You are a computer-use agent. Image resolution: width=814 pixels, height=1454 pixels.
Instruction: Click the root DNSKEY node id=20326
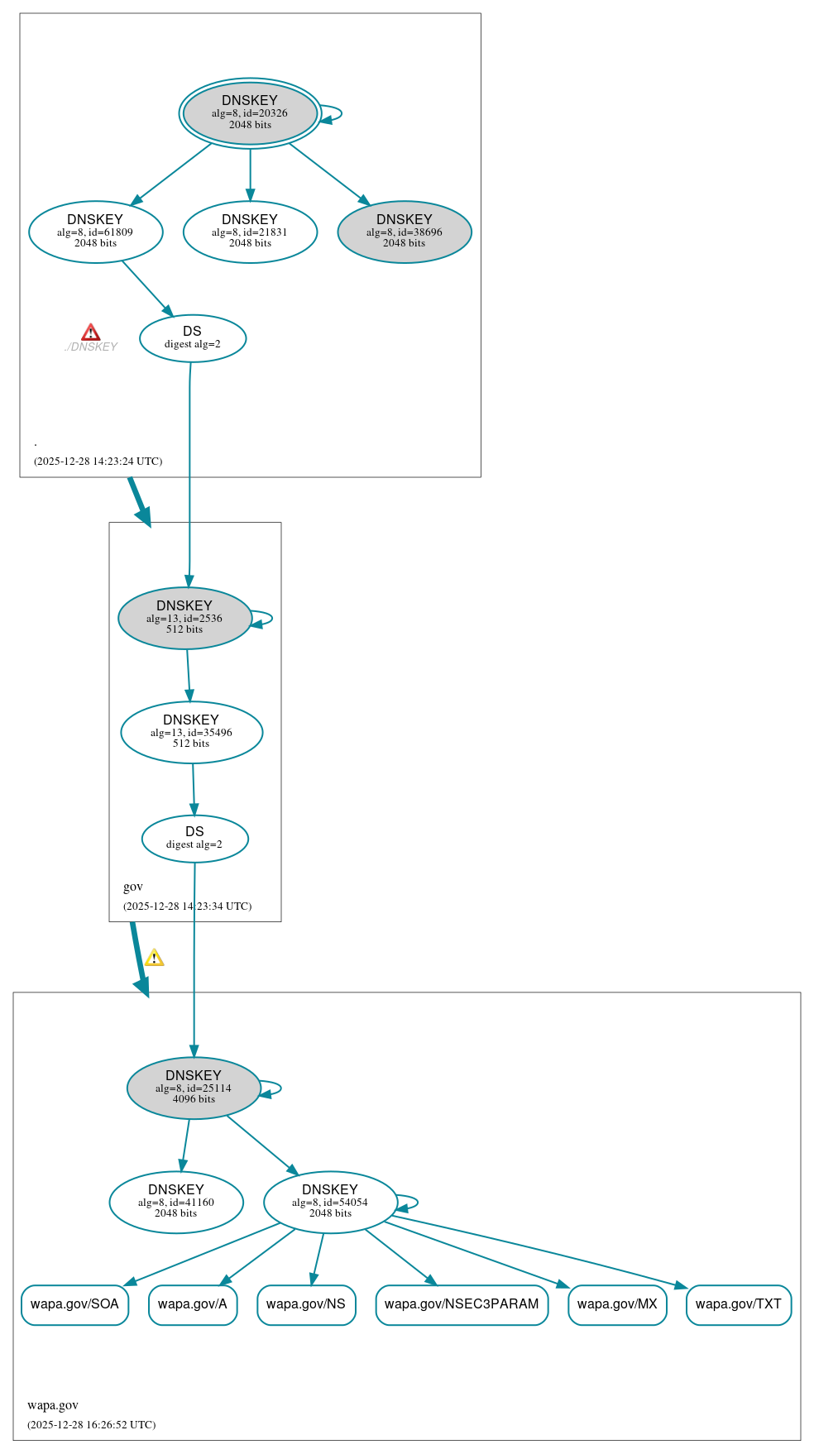pos(250,113)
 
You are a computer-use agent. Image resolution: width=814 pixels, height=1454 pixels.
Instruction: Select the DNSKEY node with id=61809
pos(95,232)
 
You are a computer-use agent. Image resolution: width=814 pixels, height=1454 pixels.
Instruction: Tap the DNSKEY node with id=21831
pos(250,232)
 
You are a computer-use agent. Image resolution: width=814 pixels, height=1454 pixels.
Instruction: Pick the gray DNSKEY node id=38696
pos(405,232)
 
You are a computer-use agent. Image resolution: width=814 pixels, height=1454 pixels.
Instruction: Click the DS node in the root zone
pos(193,338)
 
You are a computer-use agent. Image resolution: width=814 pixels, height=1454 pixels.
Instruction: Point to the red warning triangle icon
pos(91,332)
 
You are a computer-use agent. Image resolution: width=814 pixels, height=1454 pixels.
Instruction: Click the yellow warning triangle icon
pos(154,959)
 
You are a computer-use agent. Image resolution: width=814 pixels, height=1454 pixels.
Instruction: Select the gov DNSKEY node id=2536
pos(184,618)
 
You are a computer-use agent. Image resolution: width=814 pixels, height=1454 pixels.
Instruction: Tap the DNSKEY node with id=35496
pos(191,732)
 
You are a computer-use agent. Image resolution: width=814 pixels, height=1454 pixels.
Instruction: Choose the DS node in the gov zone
pos(194,839)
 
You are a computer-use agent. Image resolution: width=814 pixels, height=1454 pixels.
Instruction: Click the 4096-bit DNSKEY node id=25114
pos(194,1088)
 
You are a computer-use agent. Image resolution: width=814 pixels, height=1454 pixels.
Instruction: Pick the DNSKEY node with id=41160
pos(176,1202)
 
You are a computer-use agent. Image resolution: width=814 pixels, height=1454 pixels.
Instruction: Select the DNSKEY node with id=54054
pos(330,1202)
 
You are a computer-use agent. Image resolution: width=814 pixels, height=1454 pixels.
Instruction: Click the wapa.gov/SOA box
pos(74,1304)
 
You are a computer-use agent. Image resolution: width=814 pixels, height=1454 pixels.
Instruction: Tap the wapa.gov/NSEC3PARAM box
pos(462,1304)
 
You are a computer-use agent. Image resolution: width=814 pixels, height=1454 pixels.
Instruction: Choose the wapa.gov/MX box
pos(617,1304)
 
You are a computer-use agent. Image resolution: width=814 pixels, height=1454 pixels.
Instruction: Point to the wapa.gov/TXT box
pos(739,1304)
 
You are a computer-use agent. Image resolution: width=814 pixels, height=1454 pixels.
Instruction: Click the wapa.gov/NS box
pos(306,1304)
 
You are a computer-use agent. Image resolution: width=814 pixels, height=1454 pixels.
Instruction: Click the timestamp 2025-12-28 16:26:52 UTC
pos(91,1424)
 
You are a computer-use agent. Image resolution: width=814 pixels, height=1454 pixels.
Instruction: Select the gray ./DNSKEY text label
pos(91,347)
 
